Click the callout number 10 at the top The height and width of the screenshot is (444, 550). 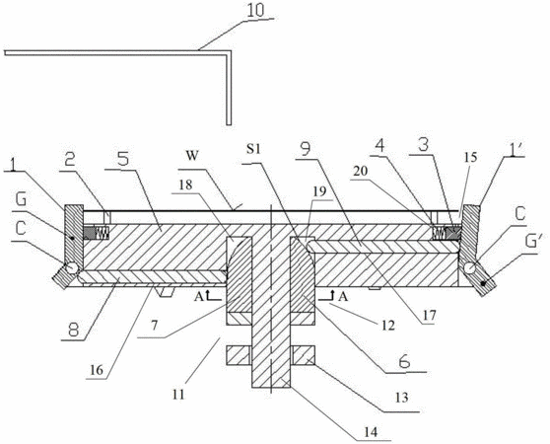tap(255, 11)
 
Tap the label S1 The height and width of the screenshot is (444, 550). tap(254, 149)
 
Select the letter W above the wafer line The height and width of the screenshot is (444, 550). tap(192, 156)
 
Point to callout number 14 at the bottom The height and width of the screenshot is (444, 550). tap(371, 432)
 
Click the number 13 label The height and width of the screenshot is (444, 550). tap(401, 398)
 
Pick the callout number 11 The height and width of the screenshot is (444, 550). tap(178, 395)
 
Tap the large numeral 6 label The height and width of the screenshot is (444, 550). tap(404, 361)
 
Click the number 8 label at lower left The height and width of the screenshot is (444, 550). tap(73, 330)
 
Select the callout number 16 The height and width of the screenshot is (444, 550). tap(98, 370)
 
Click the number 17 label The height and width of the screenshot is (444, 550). tap(429, 316)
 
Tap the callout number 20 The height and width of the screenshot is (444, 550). tap(360, 171)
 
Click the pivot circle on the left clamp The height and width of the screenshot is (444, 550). tap(73, 268)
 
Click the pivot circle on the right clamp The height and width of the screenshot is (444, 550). tap(470, 268)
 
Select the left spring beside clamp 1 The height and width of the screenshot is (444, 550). tap(103, 232)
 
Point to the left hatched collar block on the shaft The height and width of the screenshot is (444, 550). tap(238, 355)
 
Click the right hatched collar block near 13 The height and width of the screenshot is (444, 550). tap(303, 355)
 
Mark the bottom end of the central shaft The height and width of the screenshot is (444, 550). tap(271, 388)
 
